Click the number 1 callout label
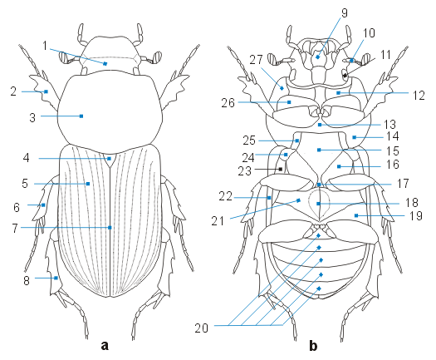[x=45, y=46]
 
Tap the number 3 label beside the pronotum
[x=32, y=117]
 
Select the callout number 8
[x=27, y=280]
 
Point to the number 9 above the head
[x=345, y=12]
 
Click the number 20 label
[x=201, y=328]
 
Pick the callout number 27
[x=256, y=59]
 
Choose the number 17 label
[x=403, y=183]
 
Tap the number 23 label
[x=245, y=170]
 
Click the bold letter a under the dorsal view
[x=105, y=346]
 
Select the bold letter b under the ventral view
[x=313, y=346]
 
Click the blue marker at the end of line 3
[x=81, y=116]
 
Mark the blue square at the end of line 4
[x=110, y=159]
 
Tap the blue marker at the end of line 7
[x=110, y=228]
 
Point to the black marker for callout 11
[x=345, y=76]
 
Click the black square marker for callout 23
[x=281, y=169]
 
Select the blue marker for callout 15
[x=319, y=150]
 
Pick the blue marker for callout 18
[x=318, y=204]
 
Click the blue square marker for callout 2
[x=47, y=91]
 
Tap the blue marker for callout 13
[x=320, y=125]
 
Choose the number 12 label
[x=419, y=96]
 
